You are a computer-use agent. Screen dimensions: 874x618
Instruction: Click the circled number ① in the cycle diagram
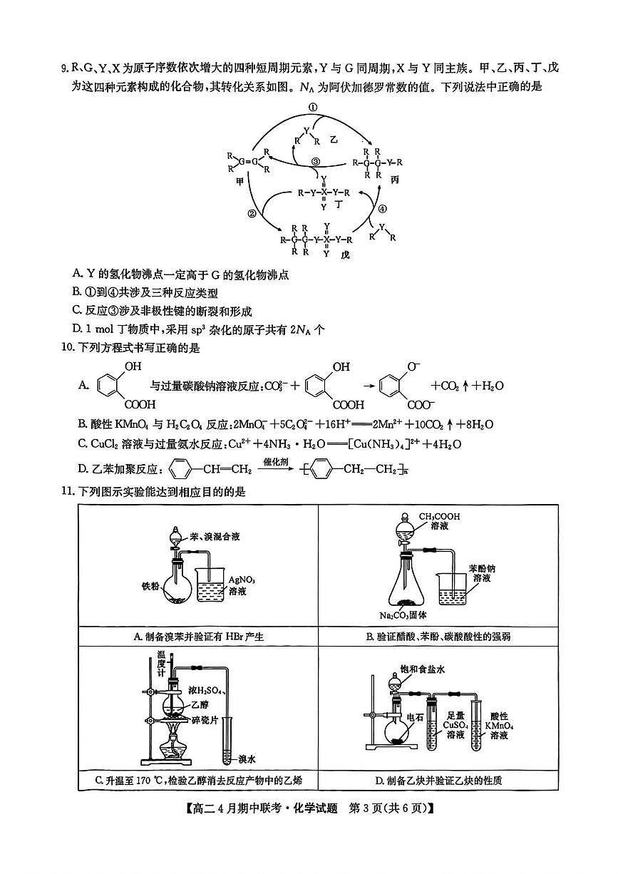tap(312, 106)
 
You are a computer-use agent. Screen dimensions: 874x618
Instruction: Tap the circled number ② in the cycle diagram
tap(252, 213)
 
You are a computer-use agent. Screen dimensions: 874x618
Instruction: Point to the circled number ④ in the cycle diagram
tap(382, 209)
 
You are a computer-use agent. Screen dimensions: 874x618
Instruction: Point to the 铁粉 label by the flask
tap(150, 587)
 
